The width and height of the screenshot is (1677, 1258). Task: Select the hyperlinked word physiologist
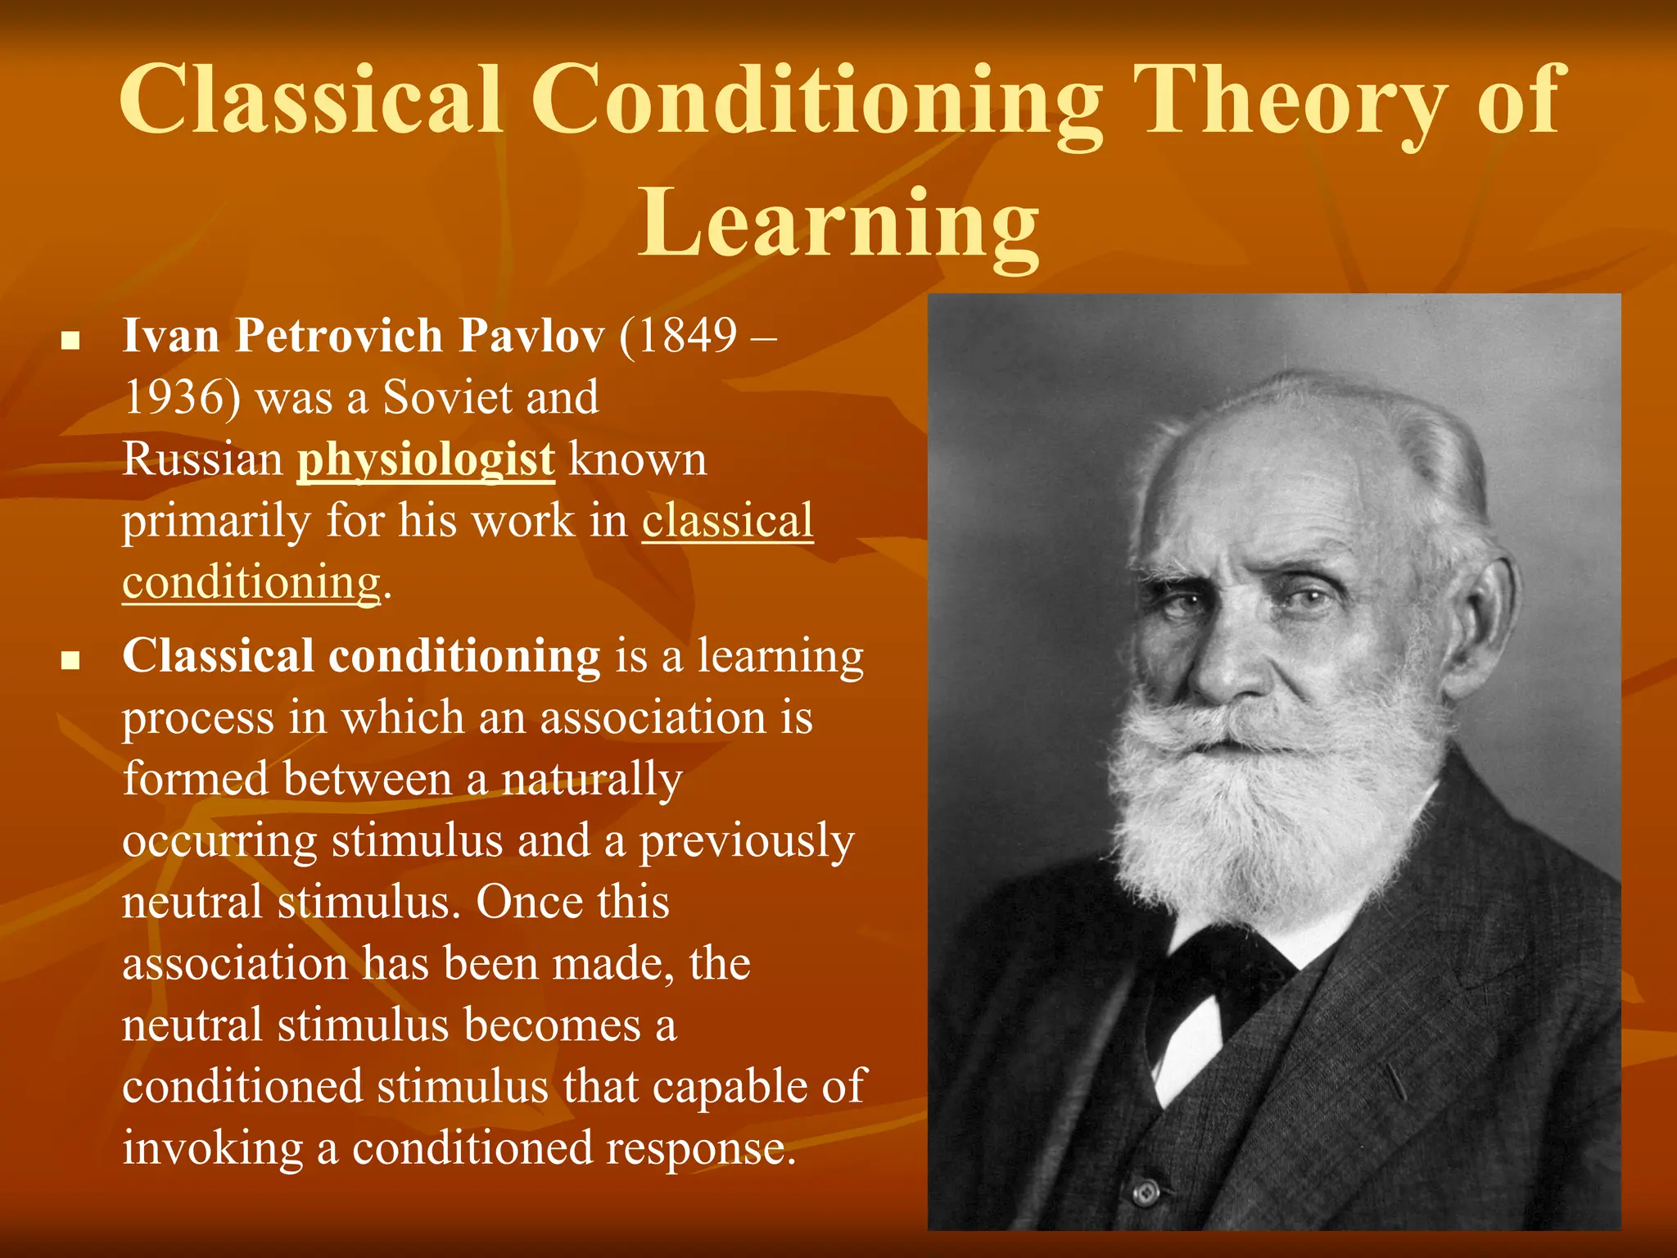pos(426,460)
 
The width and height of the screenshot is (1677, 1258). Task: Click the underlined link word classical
pos(727,521)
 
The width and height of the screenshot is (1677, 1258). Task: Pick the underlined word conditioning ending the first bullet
pos(251,583)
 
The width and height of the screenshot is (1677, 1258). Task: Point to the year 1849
pos(688,336)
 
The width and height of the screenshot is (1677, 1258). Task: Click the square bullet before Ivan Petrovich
pos(70,340)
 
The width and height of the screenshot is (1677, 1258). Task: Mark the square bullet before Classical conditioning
pos(70,660)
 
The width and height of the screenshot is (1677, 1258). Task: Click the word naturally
pos(591,779)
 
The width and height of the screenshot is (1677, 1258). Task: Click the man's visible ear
pos(1482,606)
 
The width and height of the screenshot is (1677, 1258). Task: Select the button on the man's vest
pos(1146,1192)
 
